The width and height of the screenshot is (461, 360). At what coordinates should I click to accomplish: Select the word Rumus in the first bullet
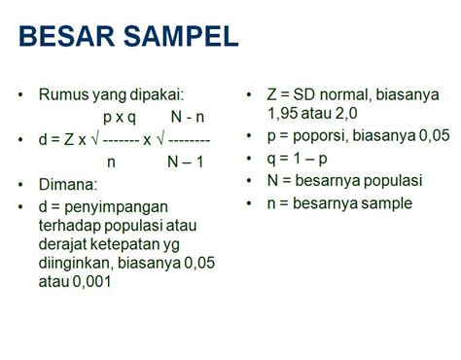point(62,95)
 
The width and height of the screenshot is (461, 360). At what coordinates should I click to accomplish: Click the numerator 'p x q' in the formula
point(125,117)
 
